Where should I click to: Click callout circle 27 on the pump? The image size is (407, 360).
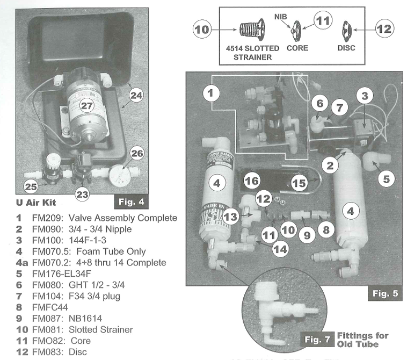[x=86, y=106]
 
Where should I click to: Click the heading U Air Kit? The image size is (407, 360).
[x=35, y=205]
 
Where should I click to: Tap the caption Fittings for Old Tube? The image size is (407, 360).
[x=362, y=340]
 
